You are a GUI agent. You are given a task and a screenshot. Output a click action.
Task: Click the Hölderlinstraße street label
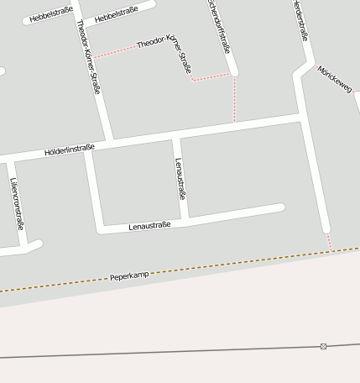pos(70,150)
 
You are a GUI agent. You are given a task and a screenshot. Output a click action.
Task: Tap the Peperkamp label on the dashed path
pos(128,275)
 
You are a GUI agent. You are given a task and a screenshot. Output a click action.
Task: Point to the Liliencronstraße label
pos(16,204)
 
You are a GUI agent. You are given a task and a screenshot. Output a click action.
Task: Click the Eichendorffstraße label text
pos(220,25)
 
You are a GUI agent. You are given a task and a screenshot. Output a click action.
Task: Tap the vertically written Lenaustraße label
pos(180,178)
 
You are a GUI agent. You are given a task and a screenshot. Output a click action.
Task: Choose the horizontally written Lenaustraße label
pos(149,225)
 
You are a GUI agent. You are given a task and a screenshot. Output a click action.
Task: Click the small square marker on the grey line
pos(323,346)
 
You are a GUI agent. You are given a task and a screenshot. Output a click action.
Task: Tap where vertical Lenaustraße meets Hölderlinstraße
pos(176,134)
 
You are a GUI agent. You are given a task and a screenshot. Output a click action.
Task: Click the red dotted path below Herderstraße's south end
pos(330,241)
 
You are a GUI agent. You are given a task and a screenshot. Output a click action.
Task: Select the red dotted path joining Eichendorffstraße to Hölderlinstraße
pos(234,99)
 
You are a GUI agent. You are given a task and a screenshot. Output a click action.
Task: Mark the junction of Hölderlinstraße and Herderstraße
pos(300,117)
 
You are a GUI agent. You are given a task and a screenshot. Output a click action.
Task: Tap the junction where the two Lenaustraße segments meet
pos(185,221)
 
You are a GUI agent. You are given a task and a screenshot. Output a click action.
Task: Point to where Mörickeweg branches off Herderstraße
pos(308,66)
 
